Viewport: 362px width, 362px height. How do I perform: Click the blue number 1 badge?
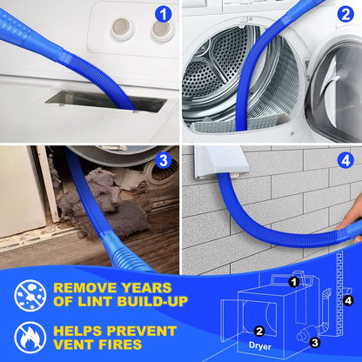point(160,13)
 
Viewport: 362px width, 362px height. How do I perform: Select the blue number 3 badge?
point(162,160)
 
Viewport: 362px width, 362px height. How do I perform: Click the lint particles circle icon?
point(30,296)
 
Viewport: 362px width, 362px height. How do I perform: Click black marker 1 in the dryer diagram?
point(294,281)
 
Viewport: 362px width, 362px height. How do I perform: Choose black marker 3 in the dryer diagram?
point(314,342)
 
